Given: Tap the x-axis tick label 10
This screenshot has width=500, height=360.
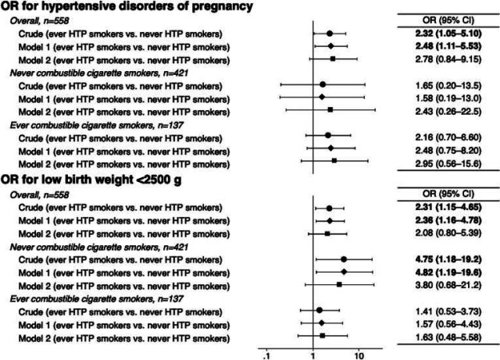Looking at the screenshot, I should click(359, 354).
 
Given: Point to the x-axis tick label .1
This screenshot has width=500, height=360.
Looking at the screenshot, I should click(269, 354).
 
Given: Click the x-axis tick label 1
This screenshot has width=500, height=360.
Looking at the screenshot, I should click(314, 354).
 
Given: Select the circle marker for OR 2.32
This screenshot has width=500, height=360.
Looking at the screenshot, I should click(330, 34).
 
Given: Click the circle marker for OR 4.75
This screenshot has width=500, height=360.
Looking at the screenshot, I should click(344, 258).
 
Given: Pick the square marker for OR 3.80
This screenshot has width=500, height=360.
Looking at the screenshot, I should click(339, 284).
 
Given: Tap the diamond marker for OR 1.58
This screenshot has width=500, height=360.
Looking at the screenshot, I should click(323, 97).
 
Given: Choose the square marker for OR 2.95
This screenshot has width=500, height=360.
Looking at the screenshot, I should click(334, 160).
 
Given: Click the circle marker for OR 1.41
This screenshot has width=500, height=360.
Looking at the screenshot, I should click(320, 310).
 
